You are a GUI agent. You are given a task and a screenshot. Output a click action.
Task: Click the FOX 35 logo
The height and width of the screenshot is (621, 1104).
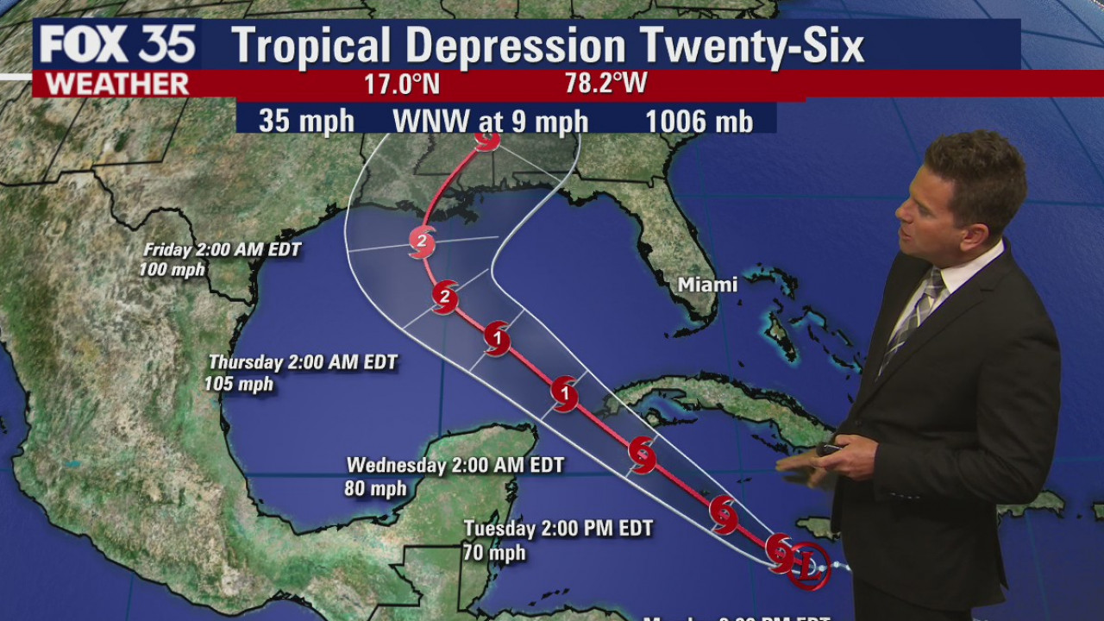[x=116, y=45]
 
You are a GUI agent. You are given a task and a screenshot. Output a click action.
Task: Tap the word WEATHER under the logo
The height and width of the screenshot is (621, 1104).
[x=116, y=85]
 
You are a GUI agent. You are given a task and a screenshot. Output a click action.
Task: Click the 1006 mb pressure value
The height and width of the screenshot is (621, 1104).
[x=699, y=121]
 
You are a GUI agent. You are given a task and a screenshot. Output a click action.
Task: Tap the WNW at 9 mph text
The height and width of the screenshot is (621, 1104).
[x=490, y=121]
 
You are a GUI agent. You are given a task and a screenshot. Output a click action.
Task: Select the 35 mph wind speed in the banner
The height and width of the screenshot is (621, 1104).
[x=306, y=121]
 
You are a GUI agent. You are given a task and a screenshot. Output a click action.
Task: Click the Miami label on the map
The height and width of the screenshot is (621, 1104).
[x=707, y=285]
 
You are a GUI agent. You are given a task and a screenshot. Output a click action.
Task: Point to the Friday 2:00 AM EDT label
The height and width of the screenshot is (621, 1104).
[x=222, y=250]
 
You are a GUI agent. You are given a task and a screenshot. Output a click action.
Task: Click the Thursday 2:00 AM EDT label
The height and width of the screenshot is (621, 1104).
[x=303, y=363]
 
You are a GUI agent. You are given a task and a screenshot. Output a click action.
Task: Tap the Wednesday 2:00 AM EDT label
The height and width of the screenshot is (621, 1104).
[x=455, y=466]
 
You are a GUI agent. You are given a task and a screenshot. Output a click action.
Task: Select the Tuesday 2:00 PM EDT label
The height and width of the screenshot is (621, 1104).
[x=558, y=528]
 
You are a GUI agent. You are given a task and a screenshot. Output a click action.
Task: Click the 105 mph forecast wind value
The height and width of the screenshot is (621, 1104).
[x=239, y=384]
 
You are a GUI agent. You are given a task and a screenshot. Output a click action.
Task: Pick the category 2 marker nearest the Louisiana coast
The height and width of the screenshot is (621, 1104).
[x=421, y=241]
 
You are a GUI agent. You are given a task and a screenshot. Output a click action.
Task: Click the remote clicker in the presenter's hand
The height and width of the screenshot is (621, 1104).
[x=830, y=448]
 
